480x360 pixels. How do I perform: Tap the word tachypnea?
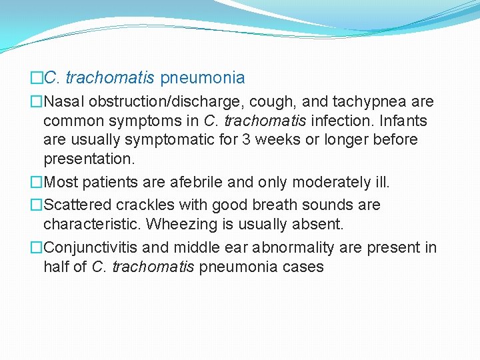pyautogui.click(x=371, y=102)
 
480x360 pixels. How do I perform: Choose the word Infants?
pyautogui.click(x=405, y=121)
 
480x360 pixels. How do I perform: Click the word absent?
pyautogui.click(x=319, y=224)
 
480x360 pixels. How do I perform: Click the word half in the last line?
pyautogui.click(x=56, y=267)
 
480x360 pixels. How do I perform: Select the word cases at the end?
pyautogui.click(x=303, y=267)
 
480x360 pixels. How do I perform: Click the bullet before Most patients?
pyautogui.click(x=36, y=182)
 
